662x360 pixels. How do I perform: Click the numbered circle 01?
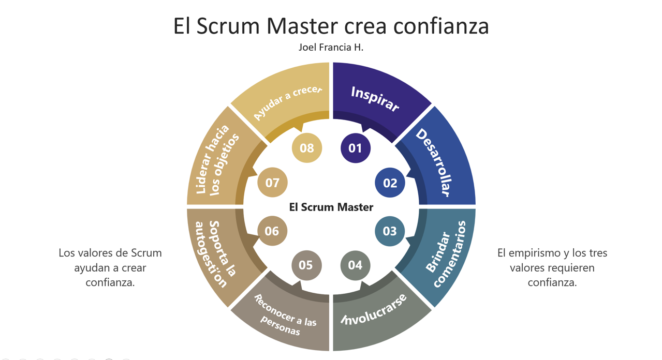pyautogui.click(x=355, y=148)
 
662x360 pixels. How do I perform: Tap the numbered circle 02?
pyautogui.click(x=390, y=183)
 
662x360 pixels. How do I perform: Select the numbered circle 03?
pyautogui.click(x=390, y=231)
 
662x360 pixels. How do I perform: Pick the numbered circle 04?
pyautogui.click(x=355, y=265)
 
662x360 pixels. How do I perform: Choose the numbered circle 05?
pyautogui.click(x=306, y=265)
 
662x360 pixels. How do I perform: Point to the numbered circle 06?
pyautogui.click(x=272, y=231)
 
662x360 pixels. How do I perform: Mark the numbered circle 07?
pyautogui.click(x=272, y=183)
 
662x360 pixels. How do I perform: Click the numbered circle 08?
pyautogui.click(x=307, y=147)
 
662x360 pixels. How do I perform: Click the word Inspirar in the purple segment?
pyautogui.click(x=375, y=99)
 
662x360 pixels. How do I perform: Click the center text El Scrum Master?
pyautogui.click(x=331, y=207)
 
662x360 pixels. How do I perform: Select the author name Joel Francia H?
pyautogui.click(x=331, y=47)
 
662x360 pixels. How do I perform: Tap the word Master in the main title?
pyautogui.click(x=302, y=26)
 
